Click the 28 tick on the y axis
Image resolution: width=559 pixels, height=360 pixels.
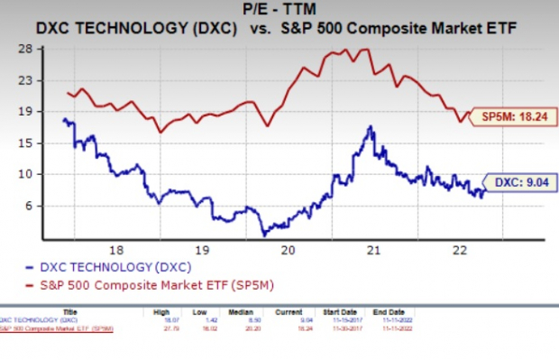pos(28,50)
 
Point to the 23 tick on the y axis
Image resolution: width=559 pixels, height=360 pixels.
pos(28,80)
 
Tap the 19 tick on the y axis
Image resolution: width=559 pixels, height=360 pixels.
pos(28,112)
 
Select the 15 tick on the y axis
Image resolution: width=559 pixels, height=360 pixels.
pos(28,143)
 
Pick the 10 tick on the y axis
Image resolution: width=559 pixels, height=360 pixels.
pos(28,175)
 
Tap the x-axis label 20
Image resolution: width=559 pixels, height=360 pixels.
pos(288,250)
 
